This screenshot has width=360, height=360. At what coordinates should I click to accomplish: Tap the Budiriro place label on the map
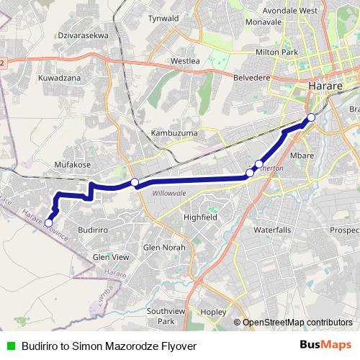coord(92,228)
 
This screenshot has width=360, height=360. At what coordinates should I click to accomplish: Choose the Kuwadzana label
coord(59,76)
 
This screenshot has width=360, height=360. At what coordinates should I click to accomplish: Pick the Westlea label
coord(184,61)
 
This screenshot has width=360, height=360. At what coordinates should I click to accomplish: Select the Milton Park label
coord(277,53)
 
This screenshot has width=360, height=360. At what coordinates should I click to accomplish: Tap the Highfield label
coord(200,217)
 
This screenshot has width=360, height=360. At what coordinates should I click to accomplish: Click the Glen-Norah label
coord(164,247)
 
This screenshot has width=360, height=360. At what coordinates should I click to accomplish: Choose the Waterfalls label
coord(272,230)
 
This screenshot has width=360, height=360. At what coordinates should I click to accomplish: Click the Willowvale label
coord(169,193)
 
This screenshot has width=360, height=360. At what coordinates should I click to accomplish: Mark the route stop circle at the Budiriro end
coord(48,223)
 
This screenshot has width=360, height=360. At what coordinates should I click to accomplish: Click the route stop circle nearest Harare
coord(311,117)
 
